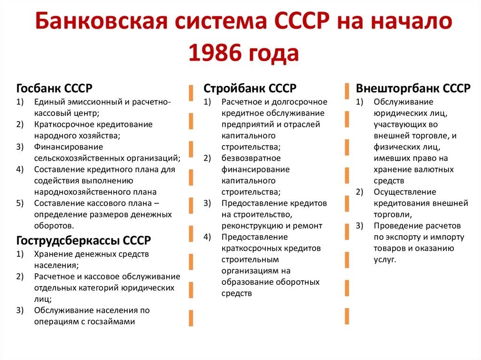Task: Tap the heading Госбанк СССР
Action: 54,88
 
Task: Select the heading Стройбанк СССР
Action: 249,88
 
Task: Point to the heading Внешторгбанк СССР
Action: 413,88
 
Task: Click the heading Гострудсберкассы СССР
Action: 84,241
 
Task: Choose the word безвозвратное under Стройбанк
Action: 251,158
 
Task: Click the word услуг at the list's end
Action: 385,260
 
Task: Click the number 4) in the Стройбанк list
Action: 207,237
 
